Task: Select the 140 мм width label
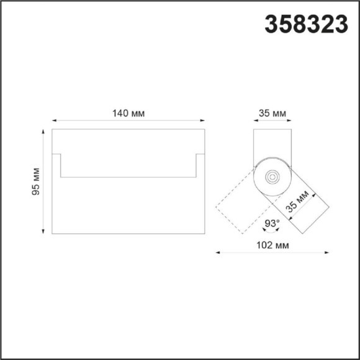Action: (128, 113)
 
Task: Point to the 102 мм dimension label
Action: (272, 245)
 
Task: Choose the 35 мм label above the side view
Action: (272, 113)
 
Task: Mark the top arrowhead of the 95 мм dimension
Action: (43, 132)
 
